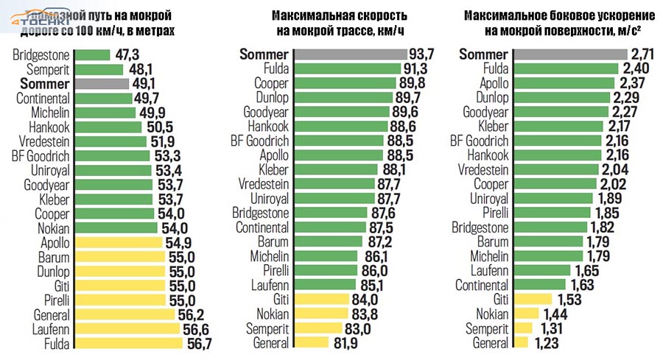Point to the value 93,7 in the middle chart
pyautogui.click(x=424, y=54)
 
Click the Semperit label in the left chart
pyautogui.click(x=48, y=68)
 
